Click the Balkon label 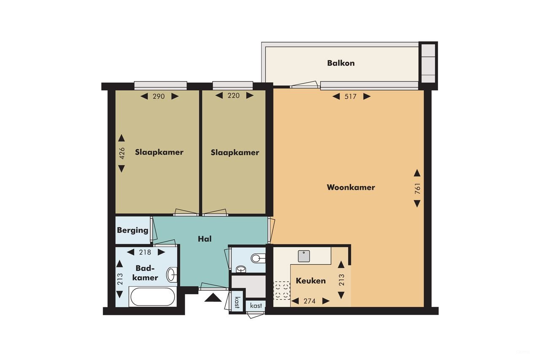tap(341, 63)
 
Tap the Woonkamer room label tap(351, 187)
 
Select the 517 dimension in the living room tap(351, 97)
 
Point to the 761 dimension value tap(417, 188)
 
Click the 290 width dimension tap(159, 96)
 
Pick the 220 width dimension tap(234, 96)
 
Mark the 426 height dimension tap(121, 153)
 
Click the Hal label tap(205, 239)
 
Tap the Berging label tap(132, 230)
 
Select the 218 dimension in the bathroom tap(145, 252)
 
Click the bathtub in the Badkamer tap(152, 297)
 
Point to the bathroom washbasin tap(172, 274)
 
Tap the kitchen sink tap(304, 256)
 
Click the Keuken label tap(310, 281)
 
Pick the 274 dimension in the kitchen tap(310, 301)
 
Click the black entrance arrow tap(213, 298)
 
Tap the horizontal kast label tap(256, 306)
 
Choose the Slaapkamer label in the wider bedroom tap(159, 152)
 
